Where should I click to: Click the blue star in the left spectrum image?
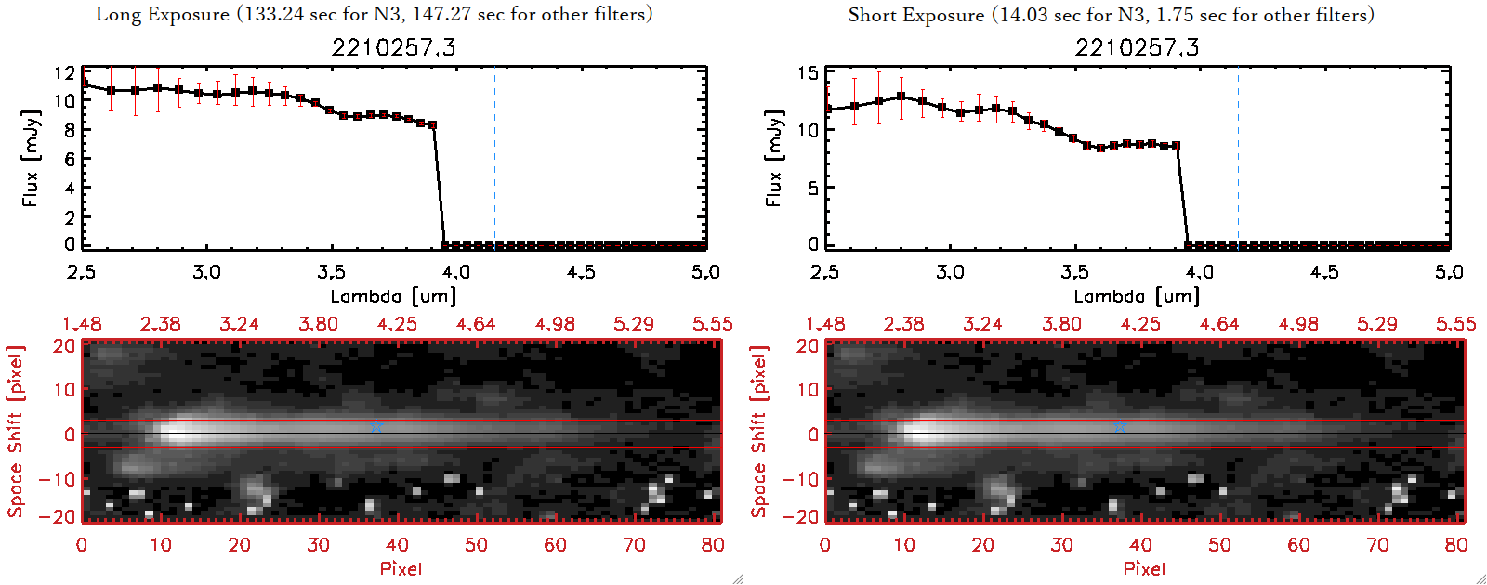tap(376, 426)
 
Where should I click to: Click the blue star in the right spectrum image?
tap(1120, 426)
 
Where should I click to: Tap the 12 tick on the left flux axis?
tap(64, 73)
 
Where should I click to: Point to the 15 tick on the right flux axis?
tap(808, 73)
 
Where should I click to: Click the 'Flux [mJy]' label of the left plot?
tap(31, 158)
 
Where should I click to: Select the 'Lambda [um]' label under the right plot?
tap(1137, 296)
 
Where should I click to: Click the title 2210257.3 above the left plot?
tap(393, 47)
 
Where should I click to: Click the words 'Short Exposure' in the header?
tap(915, 15)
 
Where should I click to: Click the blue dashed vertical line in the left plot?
tap(494, 158)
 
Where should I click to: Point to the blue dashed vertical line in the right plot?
tap(1238, 158)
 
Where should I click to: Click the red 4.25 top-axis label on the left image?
tap(397, 324)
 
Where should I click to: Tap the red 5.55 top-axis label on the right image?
tap(1455, 324)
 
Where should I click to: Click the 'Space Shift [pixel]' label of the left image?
tap(15, 432)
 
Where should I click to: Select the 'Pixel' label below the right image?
tap(1144, 568)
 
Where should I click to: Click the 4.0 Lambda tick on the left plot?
tap(455, 272)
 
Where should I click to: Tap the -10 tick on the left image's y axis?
tap(57, 479)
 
